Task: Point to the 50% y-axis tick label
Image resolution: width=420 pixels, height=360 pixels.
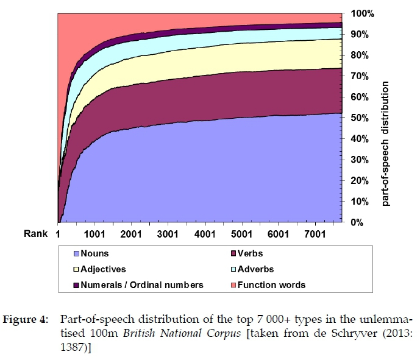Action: coord(358,118)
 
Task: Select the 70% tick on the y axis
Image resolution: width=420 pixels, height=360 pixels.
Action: coord(358,76)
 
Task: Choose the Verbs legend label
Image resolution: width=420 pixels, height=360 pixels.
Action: coord(251,253)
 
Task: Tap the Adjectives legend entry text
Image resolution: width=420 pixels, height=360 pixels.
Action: coord(104,269)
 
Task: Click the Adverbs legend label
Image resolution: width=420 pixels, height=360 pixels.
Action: coord(255,269)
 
